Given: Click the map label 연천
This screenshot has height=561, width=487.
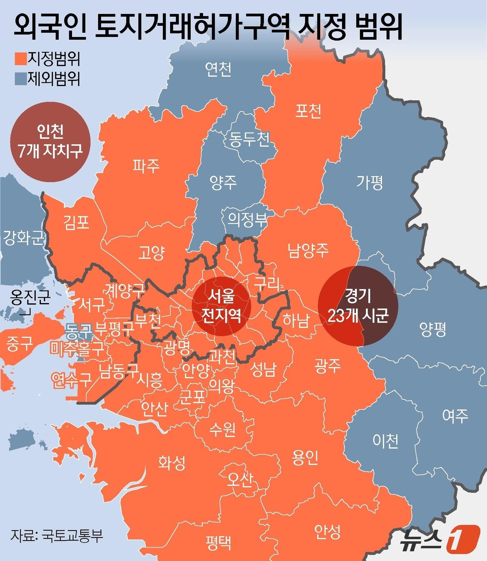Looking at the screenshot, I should [x=218, y=69].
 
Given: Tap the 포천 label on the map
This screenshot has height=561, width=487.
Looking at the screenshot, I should [x=308, y=111].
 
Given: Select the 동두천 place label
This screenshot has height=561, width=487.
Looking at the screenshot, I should [x=249, y=139].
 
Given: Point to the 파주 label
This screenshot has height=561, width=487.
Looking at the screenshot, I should [x=146, y=166].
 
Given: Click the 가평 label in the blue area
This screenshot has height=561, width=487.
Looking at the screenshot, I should [x=370, y=182].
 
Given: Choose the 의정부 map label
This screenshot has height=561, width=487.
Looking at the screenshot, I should [x=247, y=219].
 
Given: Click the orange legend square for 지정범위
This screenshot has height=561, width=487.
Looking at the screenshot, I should [x=21, y=59].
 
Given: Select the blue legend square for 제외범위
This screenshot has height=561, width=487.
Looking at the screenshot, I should [x=21, y=79].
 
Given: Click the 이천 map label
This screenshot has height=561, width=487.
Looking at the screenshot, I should [x=385, y=441].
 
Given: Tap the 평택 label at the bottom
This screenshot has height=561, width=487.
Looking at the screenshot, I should [x=218, y=542].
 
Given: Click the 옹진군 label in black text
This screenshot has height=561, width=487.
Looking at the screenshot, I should [x=31, y=298].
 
